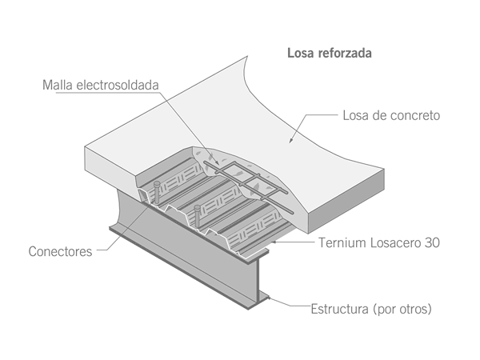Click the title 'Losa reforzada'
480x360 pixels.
pos(329,54)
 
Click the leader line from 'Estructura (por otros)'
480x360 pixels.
pos(292,306)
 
